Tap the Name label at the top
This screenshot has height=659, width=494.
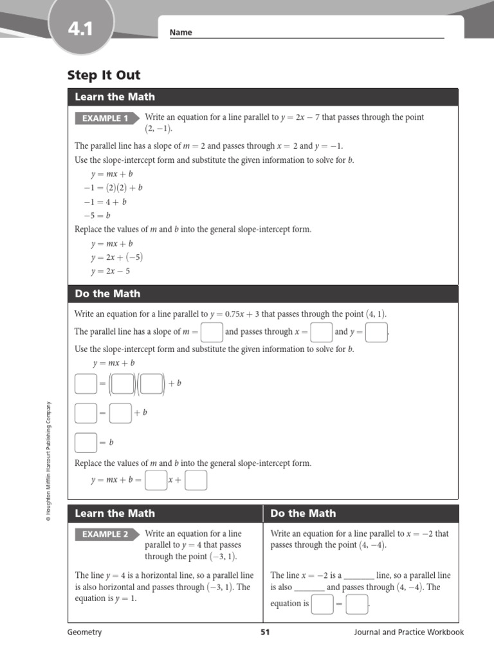tap(181, 33)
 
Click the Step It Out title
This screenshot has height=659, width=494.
tap(104, 75)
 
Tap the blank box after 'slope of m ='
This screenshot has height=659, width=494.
tap(212, 332)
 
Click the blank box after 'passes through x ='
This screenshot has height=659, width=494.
tap(321, 332)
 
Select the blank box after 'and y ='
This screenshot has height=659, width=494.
tap(376, 332)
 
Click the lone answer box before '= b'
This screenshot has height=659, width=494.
tap(86, 443)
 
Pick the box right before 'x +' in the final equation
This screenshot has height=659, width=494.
tap(156, 480)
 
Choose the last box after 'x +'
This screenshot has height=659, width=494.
tap(196, 480)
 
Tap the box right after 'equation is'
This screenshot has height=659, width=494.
tap(322, 604)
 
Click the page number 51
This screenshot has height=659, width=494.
tap(265, 632)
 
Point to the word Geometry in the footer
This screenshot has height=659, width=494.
tap(84, 632)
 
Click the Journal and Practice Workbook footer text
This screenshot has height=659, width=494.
tap(408, 632)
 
